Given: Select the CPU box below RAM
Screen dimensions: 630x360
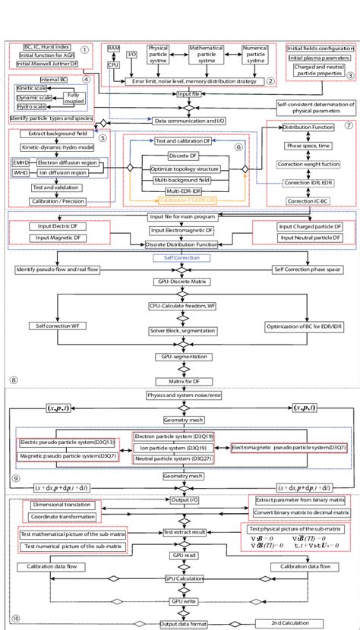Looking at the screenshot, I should pos(113,66).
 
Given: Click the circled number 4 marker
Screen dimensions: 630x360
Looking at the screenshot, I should pos(87,79).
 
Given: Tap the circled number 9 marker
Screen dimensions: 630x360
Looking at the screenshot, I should pos(14,477).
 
